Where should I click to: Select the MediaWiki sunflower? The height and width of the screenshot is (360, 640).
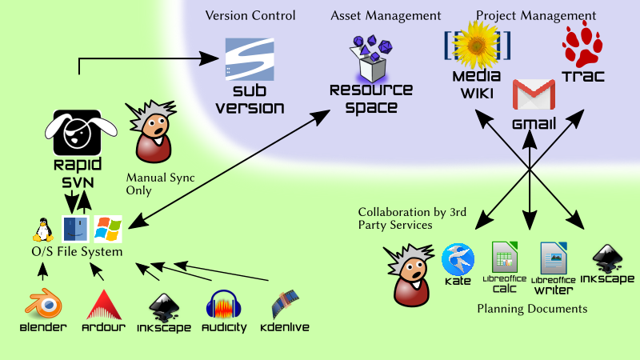pos(477,45)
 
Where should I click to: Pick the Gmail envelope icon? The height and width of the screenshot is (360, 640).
pos(534,94)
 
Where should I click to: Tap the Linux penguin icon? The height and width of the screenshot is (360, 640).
pos(42,229)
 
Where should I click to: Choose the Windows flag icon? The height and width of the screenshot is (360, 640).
pos(108,229)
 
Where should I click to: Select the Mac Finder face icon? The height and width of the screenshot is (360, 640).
pos(75,229)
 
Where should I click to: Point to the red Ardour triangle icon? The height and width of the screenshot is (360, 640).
pos(102,304)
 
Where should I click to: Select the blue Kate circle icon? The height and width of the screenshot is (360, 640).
pos(458,259)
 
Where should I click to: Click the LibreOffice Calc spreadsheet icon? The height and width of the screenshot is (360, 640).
pos(506,258)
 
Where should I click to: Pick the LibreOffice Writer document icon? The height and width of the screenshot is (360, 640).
pos(554,258)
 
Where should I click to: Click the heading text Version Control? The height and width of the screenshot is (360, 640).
pos(250,15)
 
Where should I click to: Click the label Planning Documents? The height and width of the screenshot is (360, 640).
pos(532,308)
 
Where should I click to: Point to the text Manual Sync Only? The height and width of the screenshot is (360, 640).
pos(160,184)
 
